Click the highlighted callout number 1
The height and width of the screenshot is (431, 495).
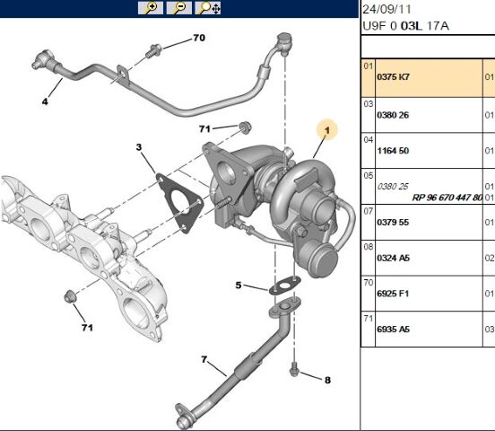click(x=327, y=131)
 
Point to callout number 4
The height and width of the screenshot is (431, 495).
click(x=43, y=101)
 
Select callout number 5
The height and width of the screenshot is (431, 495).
click(x=239, y=286)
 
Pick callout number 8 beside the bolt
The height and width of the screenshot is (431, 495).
click(x=327, y=380)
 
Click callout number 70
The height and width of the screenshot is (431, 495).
click(x=199, y=39)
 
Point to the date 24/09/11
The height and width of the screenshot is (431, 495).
click(x=387, y=9)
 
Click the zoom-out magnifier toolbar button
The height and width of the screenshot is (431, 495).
click(x=179, y=8)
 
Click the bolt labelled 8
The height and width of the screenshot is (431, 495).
click(x=294, y=370)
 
